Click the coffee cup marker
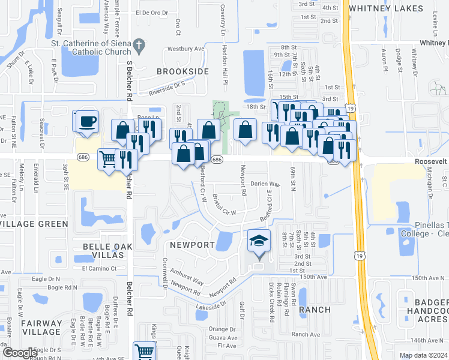[86, 121]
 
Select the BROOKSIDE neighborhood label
[182, 71]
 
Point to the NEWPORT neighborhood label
[192, 245]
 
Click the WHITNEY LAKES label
[395, 8]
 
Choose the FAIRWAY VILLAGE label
[41, 327]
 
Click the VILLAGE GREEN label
[35, 224]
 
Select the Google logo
[19, 353]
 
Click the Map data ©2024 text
[423, 355]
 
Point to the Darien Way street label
[265, 184]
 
